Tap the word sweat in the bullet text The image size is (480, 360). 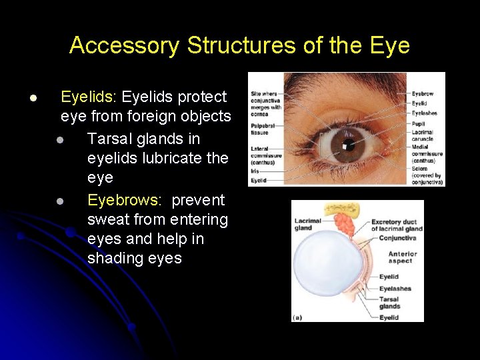pos(109,220)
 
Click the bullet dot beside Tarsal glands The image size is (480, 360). pos(60,140)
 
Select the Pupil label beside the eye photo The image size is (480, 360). pos(418,124)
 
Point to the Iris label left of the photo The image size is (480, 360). pos(255,171)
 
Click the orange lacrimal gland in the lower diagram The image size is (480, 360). pos(345,223)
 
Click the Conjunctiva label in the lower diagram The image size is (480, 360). pos(397,237)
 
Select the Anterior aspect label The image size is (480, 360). pos(403,257)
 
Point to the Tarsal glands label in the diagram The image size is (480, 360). pos(389,303)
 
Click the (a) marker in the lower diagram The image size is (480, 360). pos(299,317)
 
